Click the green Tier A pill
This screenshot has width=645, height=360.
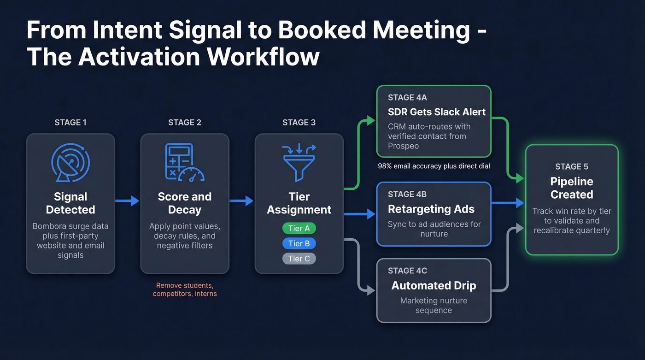pos(299,228)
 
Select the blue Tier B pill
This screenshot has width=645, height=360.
pos(299,243)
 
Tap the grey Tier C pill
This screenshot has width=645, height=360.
pos(299,259)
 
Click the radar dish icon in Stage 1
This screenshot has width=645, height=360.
pos(70,162)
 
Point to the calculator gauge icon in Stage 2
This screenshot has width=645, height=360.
pos(184,162)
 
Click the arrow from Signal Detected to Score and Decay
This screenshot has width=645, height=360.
pos(127,201)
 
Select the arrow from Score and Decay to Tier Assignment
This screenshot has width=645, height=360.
pos(241,201)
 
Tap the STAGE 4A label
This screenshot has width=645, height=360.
pos(407,98)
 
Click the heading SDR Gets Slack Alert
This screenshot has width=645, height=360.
pos(436,112)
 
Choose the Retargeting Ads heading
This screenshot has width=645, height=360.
pos(431,209)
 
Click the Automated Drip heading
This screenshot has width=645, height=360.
pos(434,286)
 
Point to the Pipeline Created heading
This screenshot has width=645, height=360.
pos(572,188)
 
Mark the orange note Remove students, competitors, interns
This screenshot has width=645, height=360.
pos(185,289)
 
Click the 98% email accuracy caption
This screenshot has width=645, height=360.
pos(434,166)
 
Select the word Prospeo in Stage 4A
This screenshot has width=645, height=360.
pos(404,146)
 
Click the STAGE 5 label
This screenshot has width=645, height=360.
pos(572,166)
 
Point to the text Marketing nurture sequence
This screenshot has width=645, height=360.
pos(434,305)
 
